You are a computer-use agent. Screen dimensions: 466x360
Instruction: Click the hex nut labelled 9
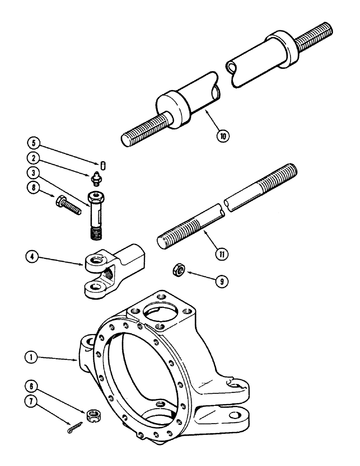click(178, 269)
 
